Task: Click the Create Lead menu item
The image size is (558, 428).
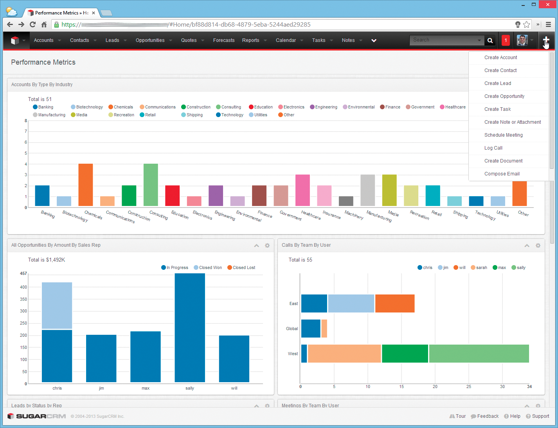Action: click(497, 83)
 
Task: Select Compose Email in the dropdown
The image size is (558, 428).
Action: click(502, 174)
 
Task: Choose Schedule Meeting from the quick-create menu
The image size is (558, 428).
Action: click(503, 135)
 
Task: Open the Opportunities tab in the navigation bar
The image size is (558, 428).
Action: click(150, 40)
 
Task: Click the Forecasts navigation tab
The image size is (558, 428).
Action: click(223, 40)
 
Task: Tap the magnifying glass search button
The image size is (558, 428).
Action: click(490, 40)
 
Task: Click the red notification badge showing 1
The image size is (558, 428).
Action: click(506, 40)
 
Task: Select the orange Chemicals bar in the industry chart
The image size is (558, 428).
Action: click(86, 184)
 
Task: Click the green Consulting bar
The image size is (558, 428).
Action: click(151, 184)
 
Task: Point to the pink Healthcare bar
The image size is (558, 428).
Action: click(302, 190)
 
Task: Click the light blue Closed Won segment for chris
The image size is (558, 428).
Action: click(57, 305)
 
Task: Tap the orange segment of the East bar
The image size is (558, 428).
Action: click(394, 303)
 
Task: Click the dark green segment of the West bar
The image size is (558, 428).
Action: click(405, 354)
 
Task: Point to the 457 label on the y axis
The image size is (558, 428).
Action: click(23, 273)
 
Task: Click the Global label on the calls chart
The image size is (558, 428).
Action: click(292, 329)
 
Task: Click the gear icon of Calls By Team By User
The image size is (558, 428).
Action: click(538, 246)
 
